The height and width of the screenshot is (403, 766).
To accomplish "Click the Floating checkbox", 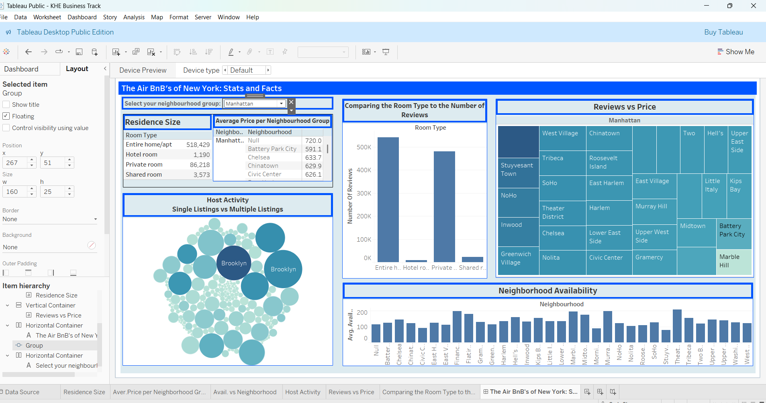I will click(x=6, y=116).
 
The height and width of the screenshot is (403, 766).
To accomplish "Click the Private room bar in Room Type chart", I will click(x=444, y=206).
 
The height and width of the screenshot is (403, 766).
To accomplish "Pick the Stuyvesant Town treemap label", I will click(x=517, y=169).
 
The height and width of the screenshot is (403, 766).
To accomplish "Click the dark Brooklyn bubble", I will click(x=234, y=263).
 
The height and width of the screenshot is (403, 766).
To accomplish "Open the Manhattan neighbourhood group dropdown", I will click(x=281, y=104).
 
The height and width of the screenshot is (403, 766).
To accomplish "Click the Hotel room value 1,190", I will click(x=201, y=155).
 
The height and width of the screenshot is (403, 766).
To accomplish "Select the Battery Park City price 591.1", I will click(x=313, y=149).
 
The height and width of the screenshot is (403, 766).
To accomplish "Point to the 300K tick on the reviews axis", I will click(x=364, y=193).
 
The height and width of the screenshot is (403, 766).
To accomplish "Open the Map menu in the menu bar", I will click(x=157, y=17).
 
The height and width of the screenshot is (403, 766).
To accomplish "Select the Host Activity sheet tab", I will click(x=302, y=392).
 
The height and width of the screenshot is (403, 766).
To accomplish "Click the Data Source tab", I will click(x=22, y=392).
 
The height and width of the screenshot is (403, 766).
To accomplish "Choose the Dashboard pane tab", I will click(x=21, y=69).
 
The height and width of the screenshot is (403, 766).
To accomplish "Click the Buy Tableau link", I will click(x=723, y=32).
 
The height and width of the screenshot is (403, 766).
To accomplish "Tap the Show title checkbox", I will click(x=6, y=104).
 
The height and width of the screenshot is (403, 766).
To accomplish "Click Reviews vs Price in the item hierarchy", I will click(x=58, y=315).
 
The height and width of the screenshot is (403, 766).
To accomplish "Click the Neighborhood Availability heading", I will click(x=547, y=291).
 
